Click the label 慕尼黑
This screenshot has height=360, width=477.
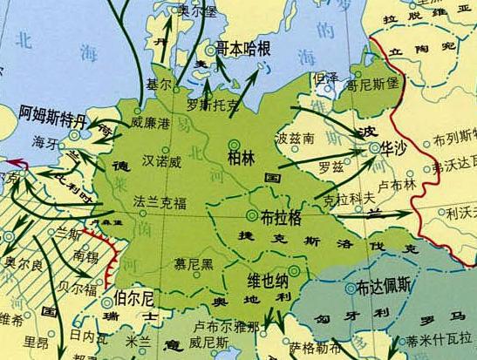[x=194, y=262]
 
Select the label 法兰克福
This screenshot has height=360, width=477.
[x=160, y=202]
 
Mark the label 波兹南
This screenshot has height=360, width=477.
[x=293, y=138]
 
